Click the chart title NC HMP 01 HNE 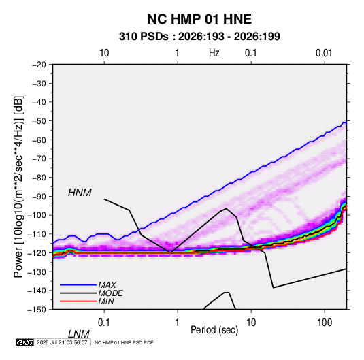coord(199,19)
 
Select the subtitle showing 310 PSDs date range coord(199,37)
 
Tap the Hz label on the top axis coord(214,53)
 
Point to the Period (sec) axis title coord(214,329)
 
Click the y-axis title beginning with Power coord(18,187)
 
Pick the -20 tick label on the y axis coord(39,65)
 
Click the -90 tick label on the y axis coord(39,196)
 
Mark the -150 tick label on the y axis coord(37,310)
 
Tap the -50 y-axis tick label coord(39,120)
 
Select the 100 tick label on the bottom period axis coord(325,323)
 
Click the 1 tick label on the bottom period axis coord(178,323)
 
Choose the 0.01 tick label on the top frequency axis coord(324,53)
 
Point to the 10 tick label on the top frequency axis coord(104,53)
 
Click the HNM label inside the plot coord(80,193)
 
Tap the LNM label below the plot coord(79,334)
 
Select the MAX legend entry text coord(107,285)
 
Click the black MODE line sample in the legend coord(78,293)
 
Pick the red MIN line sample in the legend coord(78,301)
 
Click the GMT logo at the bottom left coord(24,342)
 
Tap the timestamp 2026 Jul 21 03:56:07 coord(62,342)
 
